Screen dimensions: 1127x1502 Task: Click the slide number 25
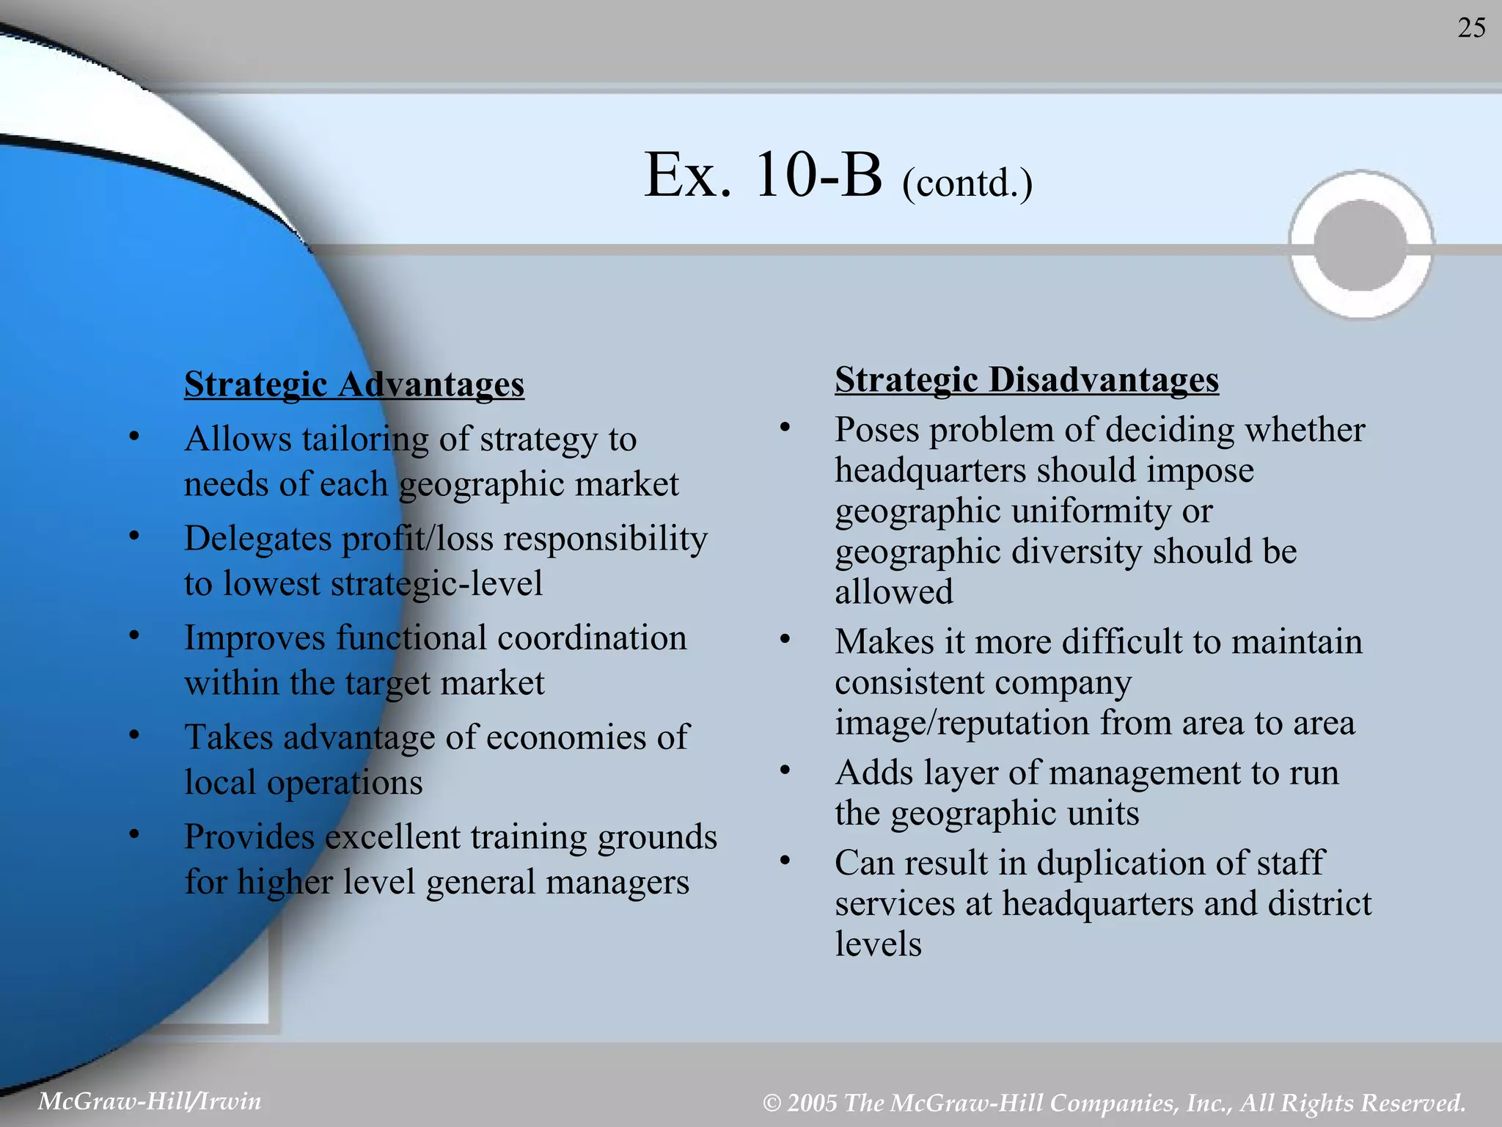(1471, 28)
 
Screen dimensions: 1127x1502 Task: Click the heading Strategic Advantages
(354, 384)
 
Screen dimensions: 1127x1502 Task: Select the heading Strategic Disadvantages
(1027, 379)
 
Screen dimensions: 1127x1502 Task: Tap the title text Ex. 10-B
(763, 175)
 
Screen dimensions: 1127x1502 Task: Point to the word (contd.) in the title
(967, 183)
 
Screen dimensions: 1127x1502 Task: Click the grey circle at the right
(1360, 245)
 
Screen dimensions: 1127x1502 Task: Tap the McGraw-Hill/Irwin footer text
(150, 1101)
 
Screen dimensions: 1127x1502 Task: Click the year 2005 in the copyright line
(812, 1102)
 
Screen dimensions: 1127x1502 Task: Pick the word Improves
(254, 638)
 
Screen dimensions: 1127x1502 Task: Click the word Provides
(249, 836)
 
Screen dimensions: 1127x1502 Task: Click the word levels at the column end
(878, 944)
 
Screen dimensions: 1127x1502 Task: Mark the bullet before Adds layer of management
(785, 770)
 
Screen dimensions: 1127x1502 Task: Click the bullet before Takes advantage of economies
(133, 734)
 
